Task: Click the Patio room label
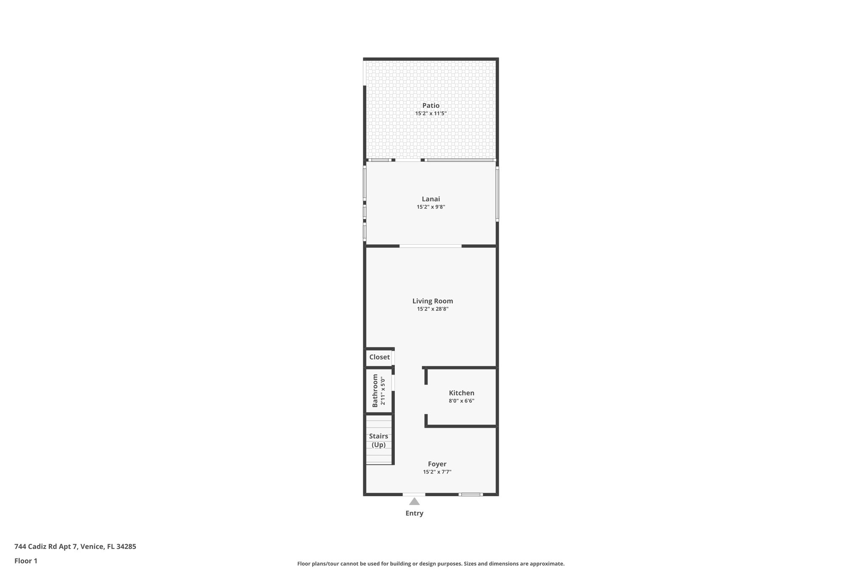tap(431, 106)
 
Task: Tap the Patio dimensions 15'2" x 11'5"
tap(431, 114)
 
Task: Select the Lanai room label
tap(431, 199)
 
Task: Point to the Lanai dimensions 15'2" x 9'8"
tap(431, 207)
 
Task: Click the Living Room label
tap(432, 301)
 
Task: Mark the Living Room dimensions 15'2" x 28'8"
tap(432, 309)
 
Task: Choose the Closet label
tap(379, 357)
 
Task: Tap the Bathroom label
tap(375, 391)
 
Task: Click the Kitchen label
tap(461, 393)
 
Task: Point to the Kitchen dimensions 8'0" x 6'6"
tap(461, 401)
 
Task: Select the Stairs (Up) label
tap(378, 441)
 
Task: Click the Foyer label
tap(437, 464)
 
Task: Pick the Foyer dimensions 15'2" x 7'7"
tap(437, 472)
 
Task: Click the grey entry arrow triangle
tap(414, 502)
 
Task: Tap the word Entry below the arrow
tap(414, 513)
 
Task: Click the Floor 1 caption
tap(26, 561)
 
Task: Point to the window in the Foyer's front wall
tap(470, 494)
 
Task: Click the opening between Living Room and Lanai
tap(430, 246)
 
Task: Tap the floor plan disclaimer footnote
tap(431, 564)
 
